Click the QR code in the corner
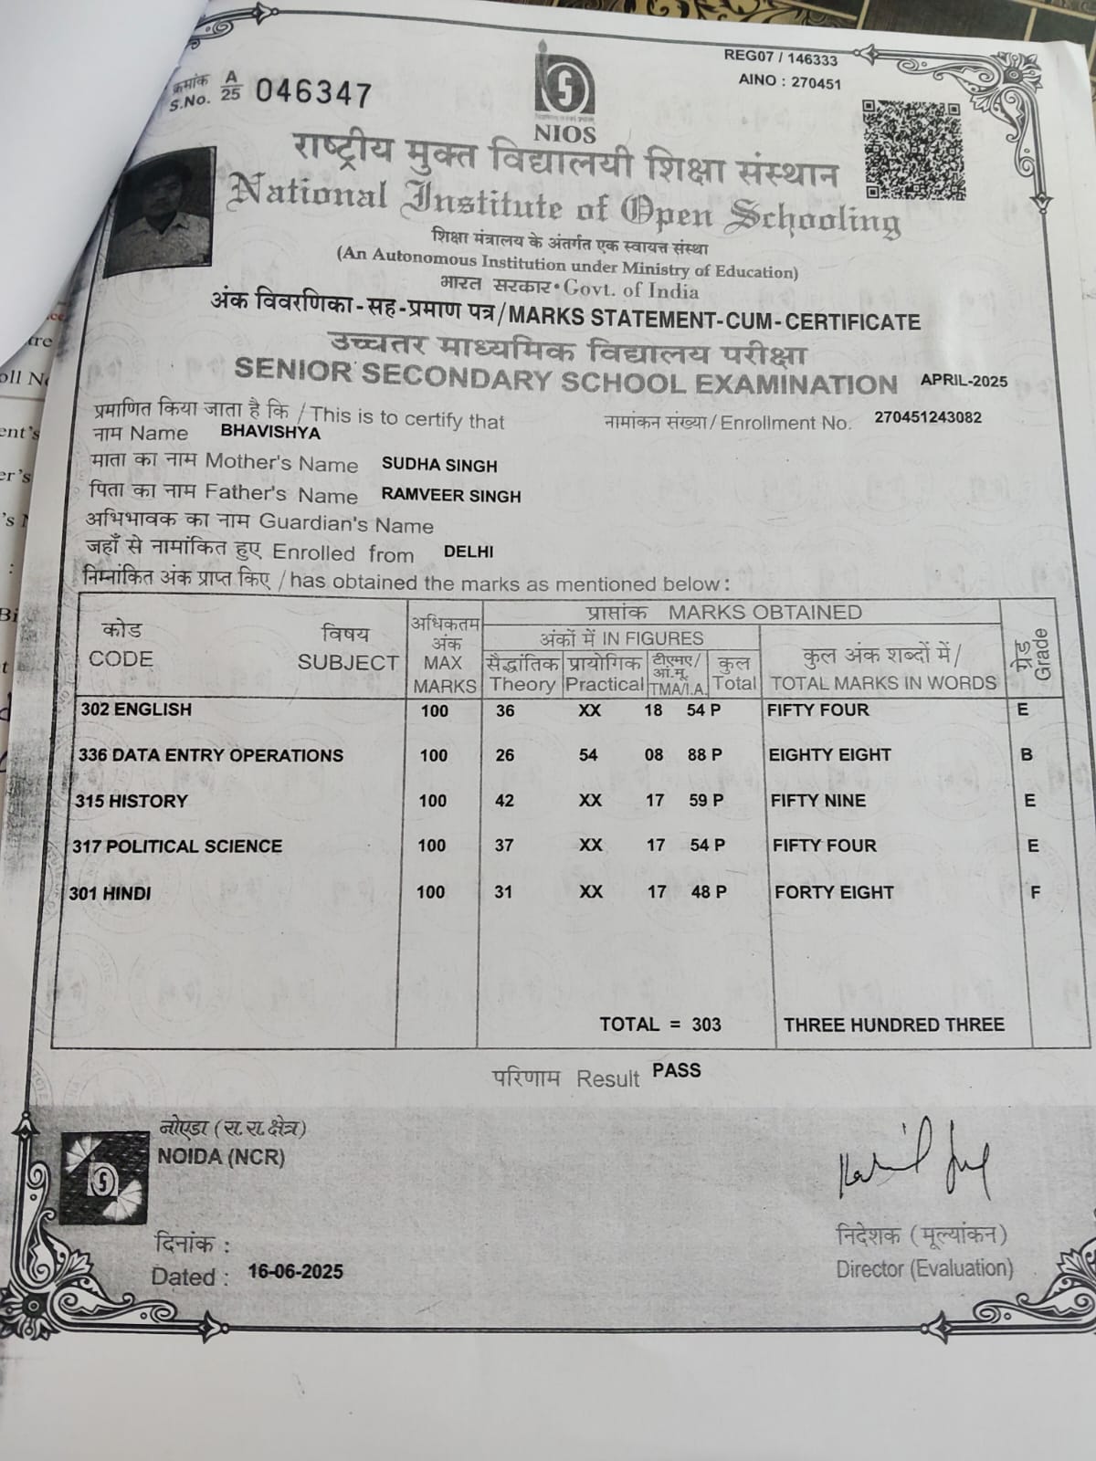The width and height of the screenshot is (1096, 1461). click(912, 150)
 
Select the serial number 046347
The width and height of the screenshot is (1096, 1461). click(313, 93)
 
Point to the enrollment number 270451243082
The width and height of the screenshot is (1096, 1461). click(928, 417)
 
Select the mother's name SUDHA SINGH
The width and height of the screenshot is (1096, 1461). click(439, 465)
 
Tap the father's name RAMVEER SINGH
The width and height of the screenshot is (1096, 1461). click(451, 496)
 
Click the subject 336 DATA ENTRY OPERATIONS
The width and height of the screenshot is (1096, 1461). click(211, 755)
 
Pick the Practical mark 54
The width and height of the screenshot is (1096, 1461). click(588, 754)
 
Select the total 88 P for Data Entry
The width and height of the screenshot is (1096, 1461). click(704, 754)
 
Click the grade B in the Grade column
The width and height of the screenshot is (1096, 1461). click(1027, 755)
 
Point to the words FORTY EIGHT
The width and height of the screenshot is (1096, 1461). click(834, 892)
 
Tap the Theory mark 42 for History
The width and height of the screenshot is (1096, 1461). click(504, 801)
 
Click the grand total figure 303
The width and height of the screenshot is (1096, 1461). click(706, 1025)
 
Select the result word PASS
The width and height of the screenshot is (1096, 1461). click(677, 1070)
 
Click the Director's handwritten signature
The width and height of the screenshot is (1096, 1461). click(913, 1164)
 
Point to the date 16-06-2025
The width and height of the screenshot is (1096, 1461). click(296, 1272)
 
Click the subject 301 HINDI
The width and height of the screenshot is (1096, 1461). click(111, 893)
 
